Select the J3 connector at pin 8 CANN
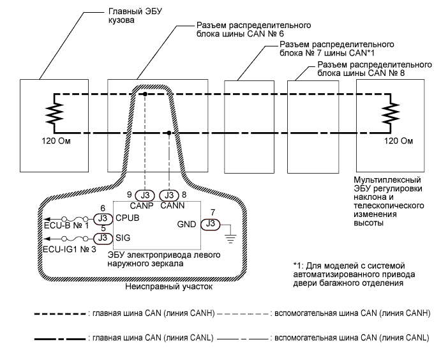(169, 195)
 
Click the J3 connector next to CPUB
(102, 219)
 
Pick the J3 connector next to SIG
(102, 238)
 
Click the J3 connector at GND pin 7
(209, 223)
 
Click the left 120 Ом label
(50, 139)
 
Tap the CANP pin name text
(146, 206)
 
